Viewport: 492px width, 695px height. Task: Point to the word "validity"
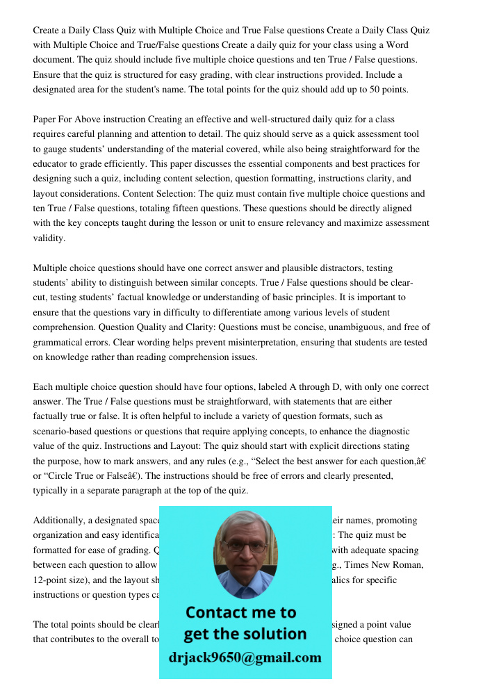pos(49,238)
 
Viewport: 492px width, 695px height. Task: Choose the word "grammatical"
pos(60,342)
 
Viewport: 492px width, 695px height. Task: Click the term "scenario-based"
pos(65,431)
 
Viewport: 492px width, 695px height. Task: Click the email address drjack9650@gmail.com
pos(245,657)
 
